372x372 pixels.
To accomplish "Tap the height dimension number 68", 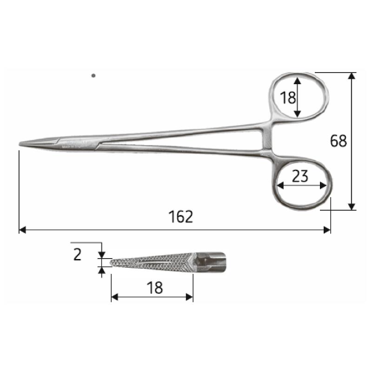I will [x=338, y=141].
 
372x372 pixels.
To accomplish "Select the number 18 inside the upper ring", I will [x=288, y=98].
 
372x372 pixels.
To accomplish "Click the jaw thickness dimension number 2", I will [x=78, y=254].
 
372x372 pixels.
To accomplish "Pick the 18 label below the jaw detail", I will [x=155, y=288].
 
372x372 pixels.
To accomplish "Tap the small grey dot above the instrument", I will [x=93, y=75].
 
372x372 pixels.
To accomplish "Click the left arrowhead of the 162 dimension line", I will [x=21, y=230].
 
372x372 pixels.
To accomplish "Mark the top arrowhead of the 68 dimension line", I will [x=352, y=75].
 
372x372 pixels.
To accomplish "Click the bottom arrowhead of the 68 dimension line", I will [x=352, y=207].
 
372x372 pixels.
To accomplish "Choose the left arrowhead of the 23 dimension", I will [x=279, y=186].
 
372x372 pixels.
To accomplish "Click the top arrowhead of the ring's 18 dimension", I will [x=298, y=80].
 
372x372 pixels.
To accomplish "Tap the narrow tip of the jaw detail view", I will [x=112, y=262].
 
